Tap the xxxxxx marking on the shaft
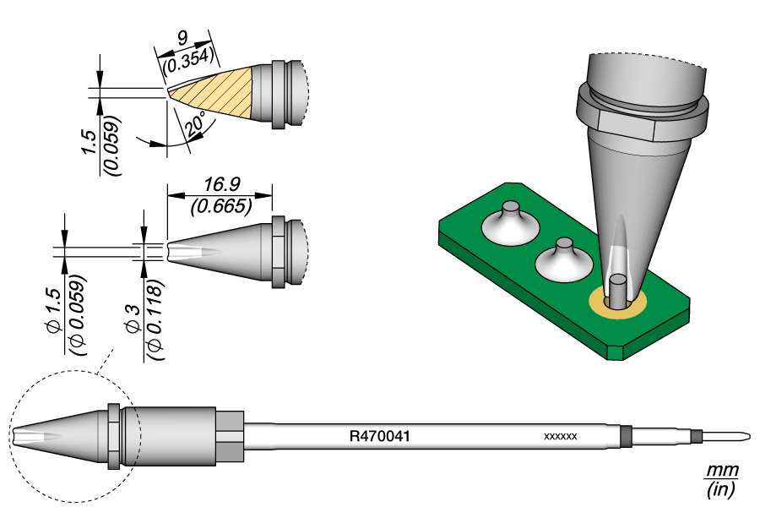[560, 437]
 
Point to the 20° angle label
[196, 124]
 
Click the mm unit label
[722, 470]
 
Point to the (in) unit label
[722, 488]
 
